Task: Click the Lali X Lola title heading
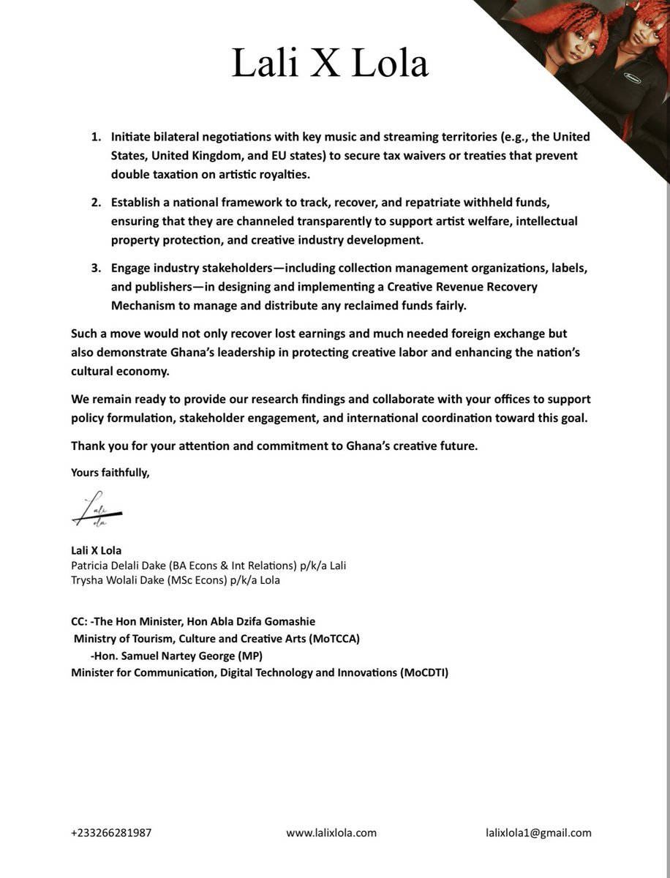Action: click(330, 64)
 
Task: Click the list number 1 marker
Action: click(96, 138)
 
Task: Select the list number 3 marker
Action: click(96, 269)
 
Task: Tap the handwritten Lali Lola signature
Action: click(97, 512)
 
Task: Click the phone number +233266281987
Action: click(111, 833)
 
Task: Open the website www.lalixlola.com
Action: click(331, 833)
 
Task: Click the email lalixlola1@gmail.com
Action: click(538, 833)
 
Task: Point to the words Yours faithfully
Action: click(110, 473)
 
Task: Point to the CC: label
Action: click(79, 621)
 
